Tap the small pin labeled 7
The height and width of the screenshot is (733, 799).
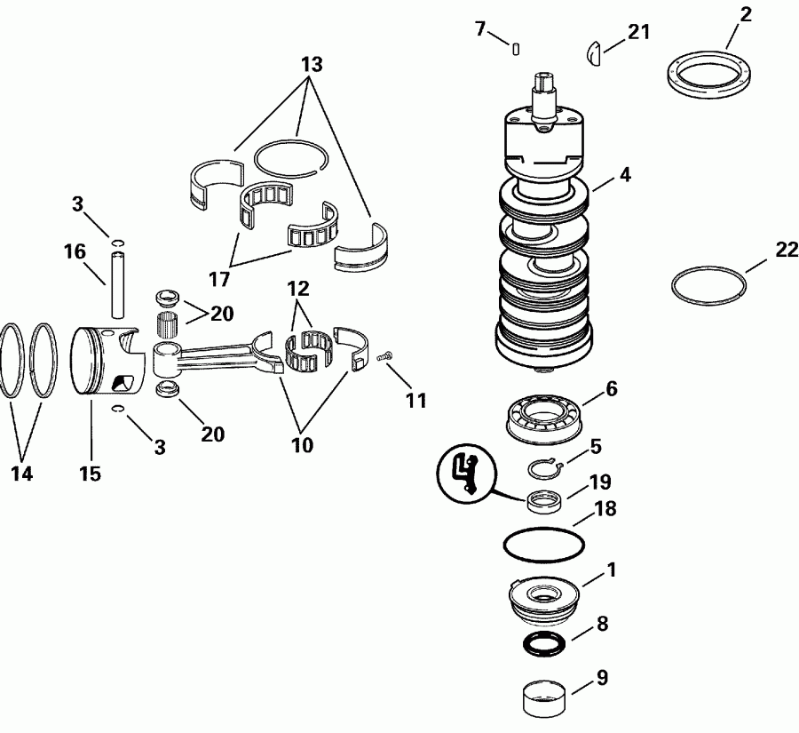516,49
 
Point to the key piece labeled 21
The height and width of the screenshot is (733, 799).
594,53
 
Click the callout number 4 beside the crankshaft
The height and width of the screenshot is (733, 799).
625,175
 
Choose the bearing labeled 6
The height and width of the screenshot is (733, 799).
543,415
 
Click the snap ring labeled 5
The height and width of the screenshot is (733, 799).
542,468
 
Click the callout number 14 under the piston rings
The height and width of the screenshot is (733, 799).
22,474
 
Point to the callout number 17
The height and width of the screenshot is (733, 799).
219,279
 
